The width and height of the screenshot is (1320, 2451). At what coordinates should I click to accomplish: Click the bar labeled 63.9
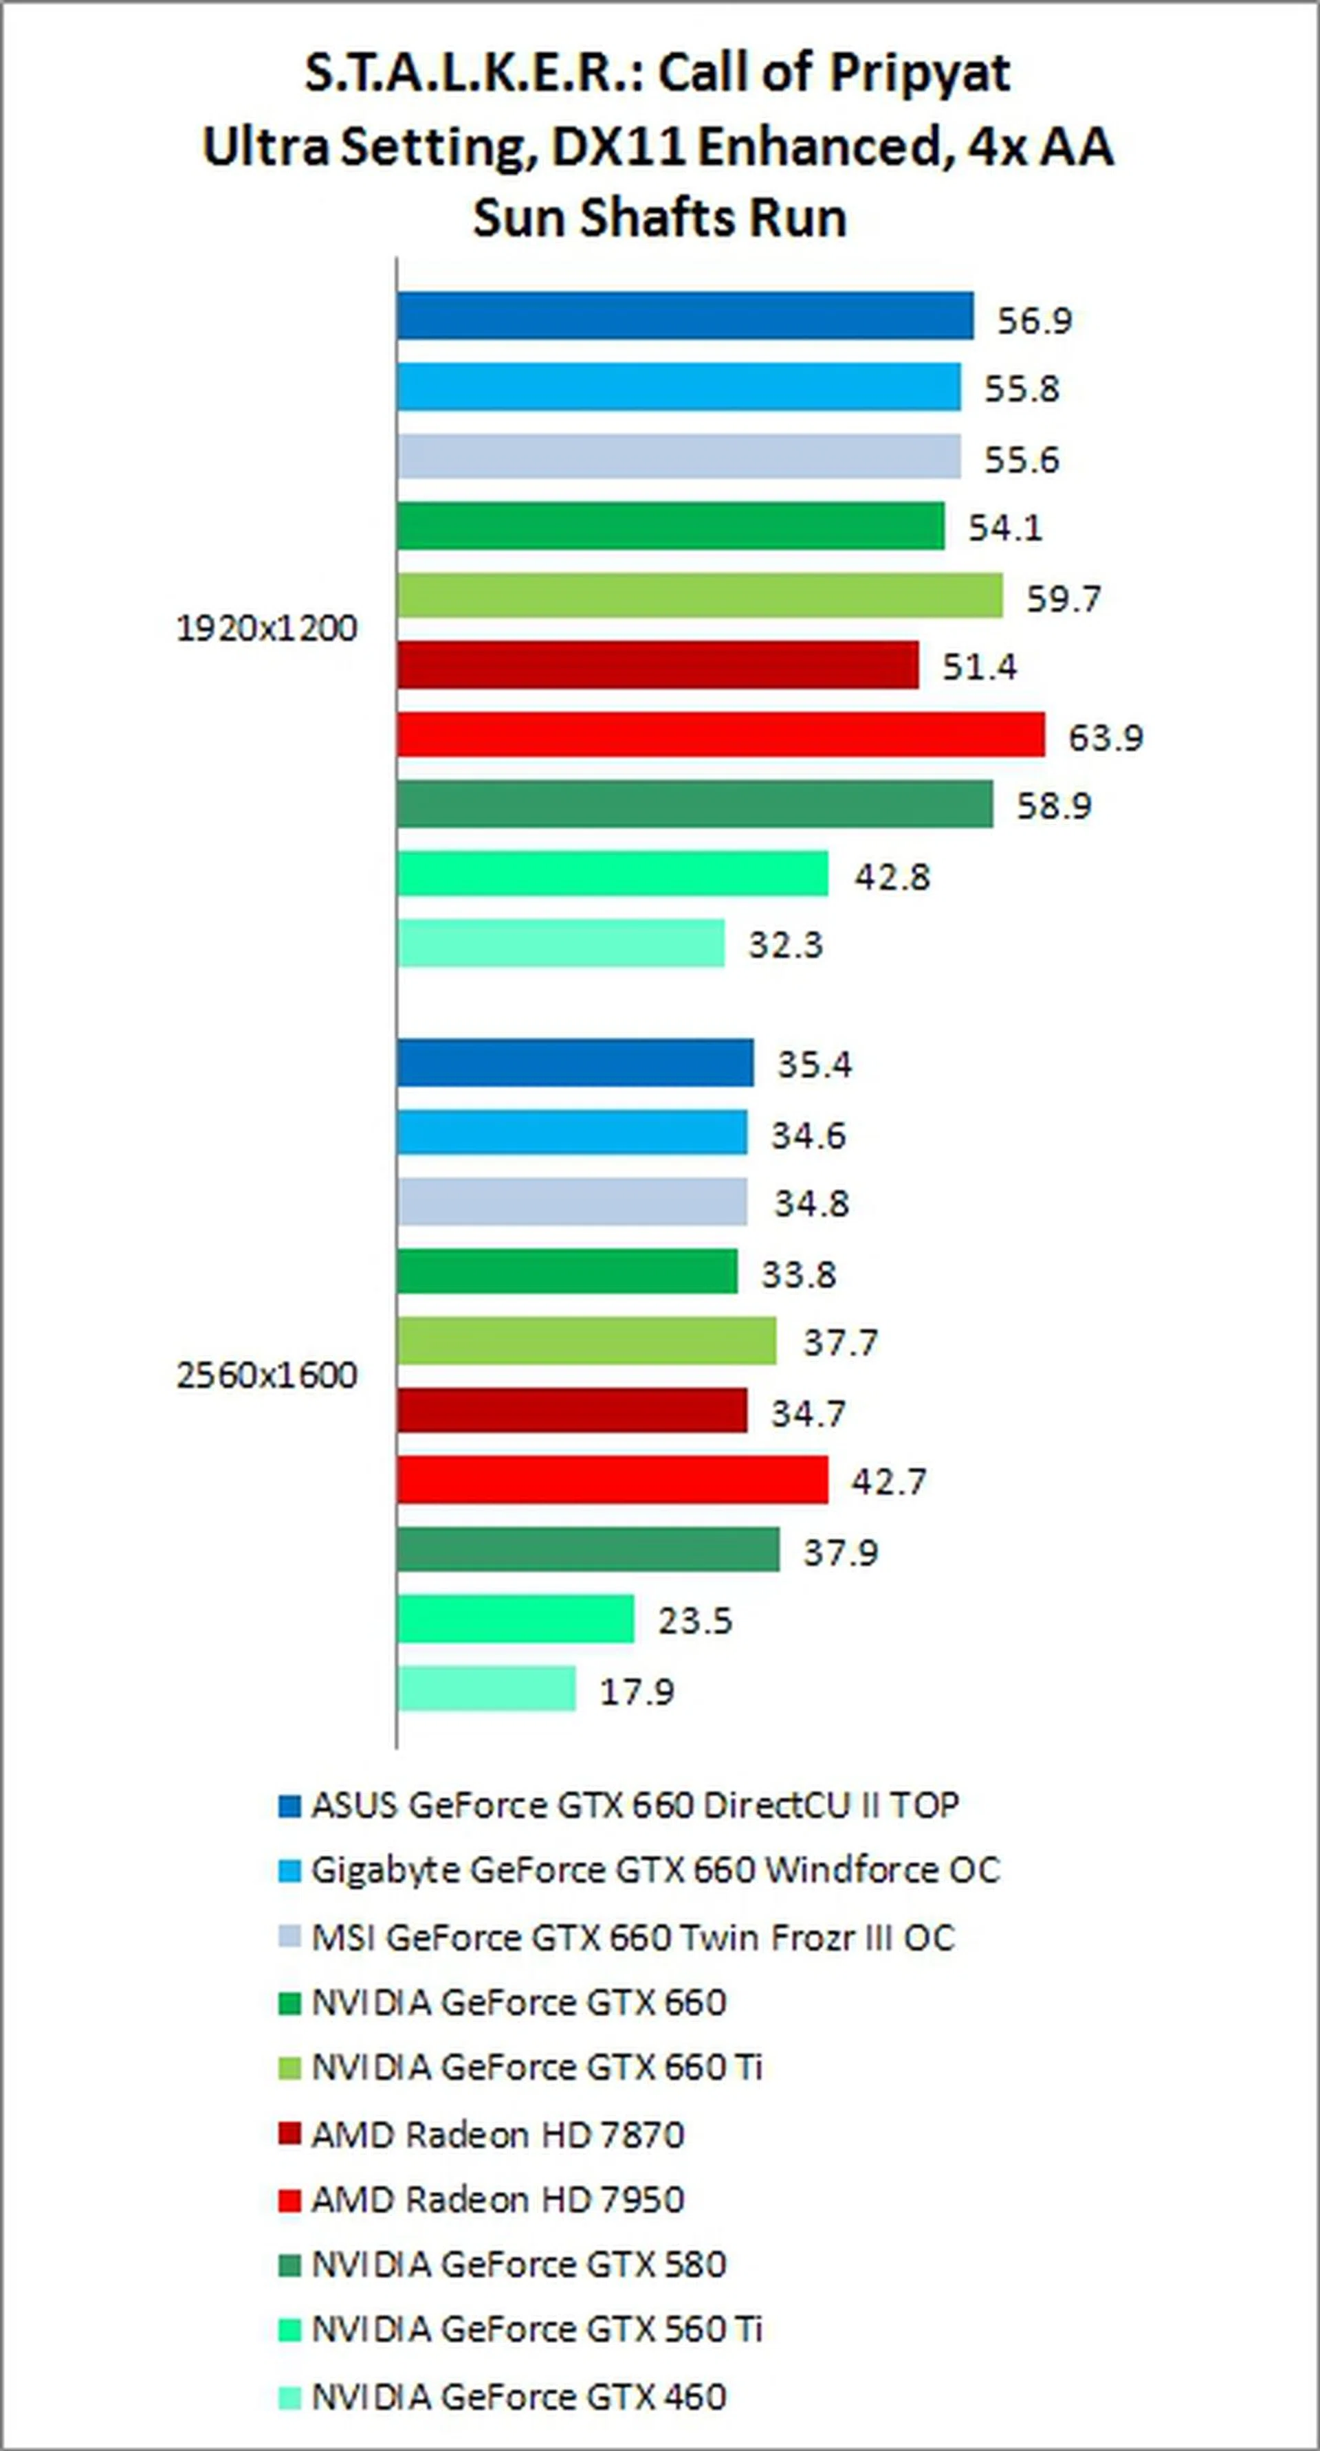pyautogui.click(x=720, y=735)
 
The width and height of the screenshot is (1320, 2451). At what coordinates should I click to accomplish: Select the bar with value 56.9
pyautogui.click(x=685, y=316)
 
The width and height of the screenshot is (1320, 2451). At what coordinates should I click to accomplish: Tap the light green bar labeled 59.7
pyautogui.click(x=699, y=596)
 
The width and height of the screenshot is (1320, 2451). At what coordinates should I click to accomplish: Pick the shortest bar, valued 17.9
pyautogui.click(x=486, y=1689)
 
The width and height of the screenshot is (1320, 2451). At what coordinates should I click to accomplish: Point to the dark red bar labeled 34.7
pyautogui.click(x=572, y=1410)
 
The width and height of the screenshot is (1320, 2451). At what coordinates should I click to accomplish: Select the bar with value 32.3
pyautogui.click(x=560, y=943)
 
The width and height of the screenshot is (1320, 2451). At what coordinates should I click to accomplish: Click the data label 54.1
pyautogui.click(x=1006, y=527)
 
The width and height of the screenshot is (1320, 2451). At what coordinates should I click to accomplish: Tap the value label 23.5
pyautogui.click(x=695, y=1619)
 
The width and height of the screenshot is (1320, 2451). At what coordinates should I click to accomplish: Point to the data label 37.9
pyautogui.click(x=840, y=1552)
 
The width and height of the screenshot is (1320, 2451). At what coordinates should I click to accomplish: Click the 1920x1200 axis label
pyautogui.click(x=267, y=629)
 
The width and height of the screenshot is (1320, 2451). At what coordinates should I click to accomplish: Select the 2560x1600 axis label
pyautogui.click(x=267, y=1375)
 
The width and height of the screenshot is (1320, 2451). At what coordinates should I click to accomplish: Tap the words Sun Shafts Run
pyautogui.click(x=659, y=219)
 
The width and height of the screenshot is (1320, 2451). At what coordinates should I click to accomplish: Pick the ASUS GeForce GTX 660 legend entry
pyautogui.click(x=635, y=1805)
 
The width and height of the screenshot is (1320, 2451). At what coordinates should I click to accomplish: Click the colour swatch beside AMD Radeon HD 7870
pyautogui.click(x=288, y=2134)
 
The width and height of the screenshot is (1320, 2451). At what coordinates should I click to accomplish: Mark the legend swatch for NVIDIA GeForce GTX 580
pyautogui.click(x=288, y=2265)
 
